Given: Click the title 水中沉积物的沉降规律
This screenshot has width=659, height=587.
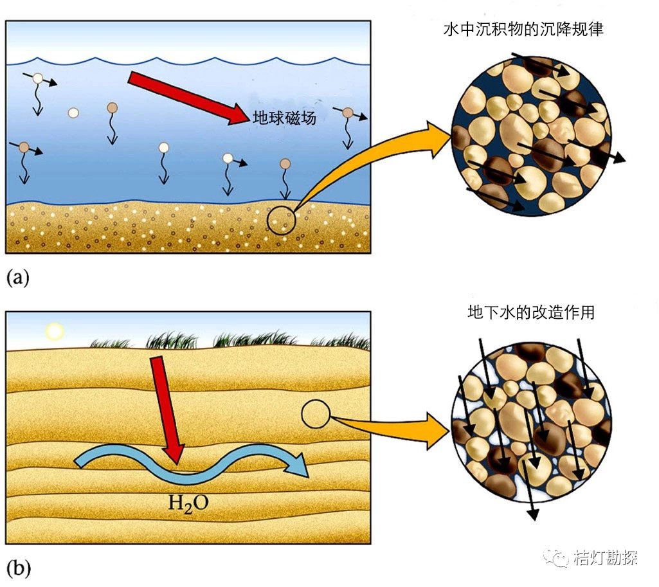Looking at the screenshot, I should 523,30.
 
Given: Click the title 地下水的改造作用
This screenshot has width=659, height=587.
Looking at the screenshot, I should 531,313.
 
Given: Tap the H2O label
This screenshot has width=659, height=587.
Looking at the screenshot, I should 188,502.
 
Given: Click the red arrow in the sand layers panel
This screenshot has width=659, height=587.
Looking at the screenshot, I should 166,411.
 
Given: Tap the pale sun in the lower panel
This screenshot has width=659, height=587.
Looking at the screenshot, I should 54,331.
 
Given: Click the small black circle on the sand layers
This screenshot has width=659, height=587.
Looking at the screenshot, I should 316,415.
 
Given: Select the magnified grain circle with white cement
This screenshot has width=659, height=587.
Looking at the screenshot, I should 531,428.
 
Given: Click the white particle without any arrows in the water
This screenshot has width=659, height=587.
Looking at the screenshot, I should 73,113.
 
